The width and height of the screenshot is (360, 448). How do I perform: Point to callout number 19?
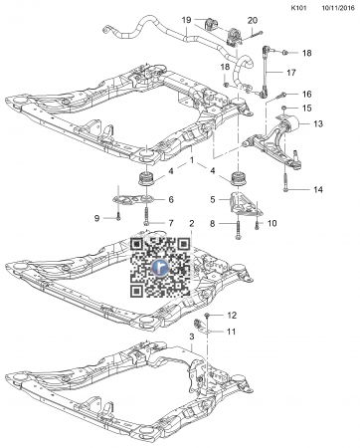(x=186, y=20)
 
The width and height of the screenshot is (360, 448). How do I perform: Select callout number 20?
(x=252, y=20)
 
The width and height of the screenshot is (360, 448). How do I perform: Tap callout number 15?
(x=307, y=108)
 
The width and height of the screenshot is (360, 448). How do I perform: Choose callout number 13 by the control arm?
(x=319, y=124)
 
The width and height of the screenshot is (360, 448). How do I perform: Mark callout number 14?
(x=318, y=189)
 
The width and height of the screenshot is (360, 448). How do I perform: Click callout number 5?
(x=212, y=200)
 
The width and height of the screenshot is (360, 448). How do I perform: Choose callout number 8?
(x=212, y=225)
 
